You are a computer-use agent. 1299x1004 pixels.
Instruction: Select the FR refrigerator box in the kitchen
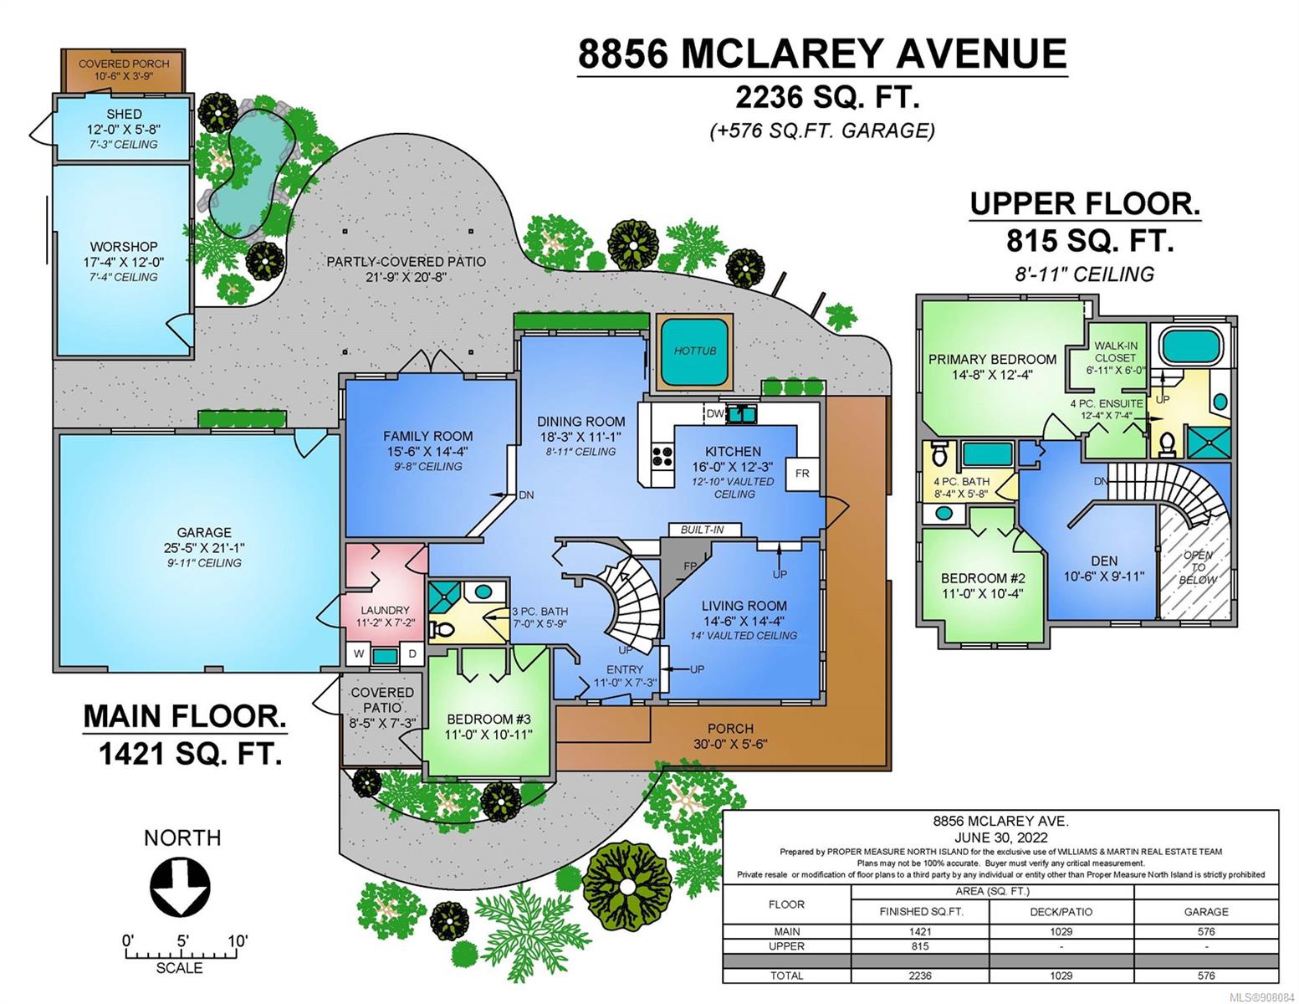tap(802, 474)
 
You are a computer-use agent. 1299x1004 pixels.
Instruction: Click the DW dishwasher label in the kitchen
tap(715, 413)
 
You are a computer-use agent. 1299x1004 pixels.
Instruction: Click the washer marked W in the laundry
tap(359, 654)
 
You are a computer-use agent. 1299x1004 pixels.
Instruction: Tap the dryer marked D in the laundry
tap(412, 654)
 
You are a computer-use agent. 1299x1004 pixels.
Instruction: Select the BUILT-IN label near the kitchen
tap(703, 530)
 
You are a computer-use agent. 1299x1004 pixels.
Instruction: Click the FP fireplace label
tap(690, 566)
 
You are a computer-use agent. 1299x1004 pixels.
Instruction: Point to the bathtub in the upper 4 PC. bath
tap(988, 454)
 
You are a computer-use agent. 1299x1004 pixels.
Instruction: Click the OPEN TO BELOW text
tap(1198, 567)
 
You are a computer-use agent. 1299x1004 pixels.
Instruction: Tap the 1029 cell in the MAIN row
tap(1061, 931)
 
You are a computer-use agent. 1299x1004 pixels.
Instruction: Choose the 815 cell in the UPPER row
tap(920, 946)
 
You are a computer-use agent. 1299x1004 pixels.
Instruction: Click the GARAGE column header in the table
tap(1206, 911)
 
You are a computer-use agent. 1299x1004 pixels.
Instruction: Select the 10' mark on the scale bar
tap(238, 941)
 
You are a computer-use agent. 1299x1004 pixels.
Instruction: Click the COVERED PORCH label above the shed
tap(124, 64)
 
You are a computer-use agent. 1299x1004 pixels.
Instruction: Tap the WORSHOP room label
tap(124, 246)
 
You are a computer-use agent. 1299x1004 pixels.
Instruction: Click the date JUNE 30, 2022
tap(1000, 838)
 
